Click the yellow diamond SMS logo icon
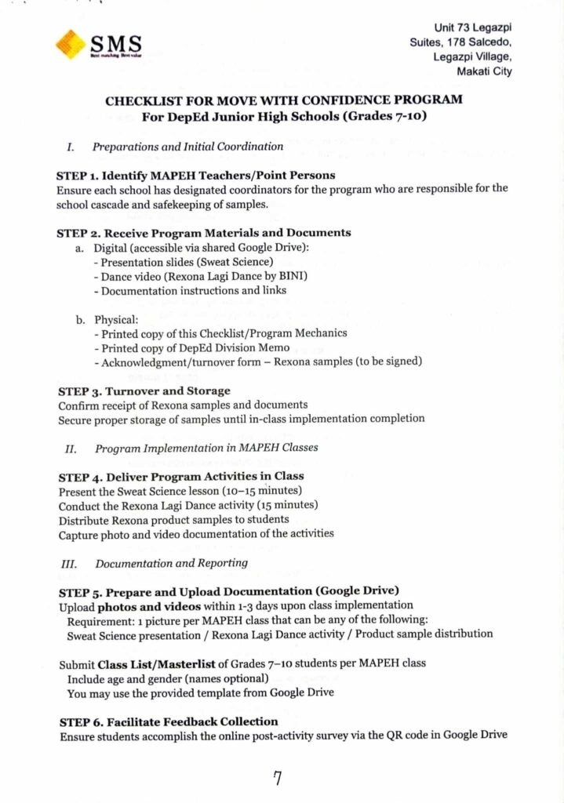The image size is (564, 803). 71,44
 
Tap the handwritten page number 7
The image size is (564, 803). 277,778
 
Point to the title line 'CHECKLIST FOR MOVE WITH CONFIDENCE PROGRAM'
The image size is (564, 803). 284,100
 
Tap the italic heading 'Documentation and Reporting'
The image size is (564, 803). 171,563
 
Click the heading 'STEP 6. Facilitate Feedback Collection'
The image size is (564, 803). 169,721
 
